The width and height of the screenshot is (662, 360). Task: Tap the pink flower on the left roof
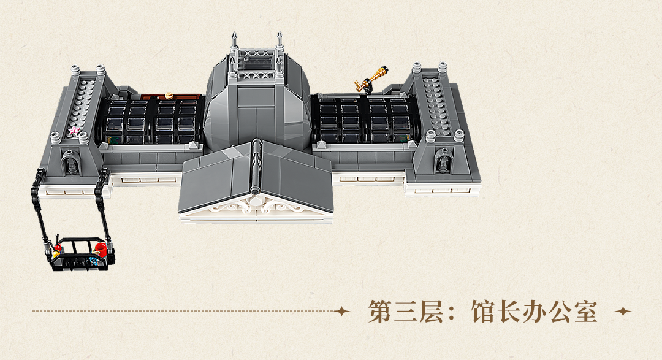pyautogui.click(x=75, y=130)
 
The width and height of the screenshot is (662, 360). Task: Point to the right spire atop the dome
pyautogui.click(x=280, y=42)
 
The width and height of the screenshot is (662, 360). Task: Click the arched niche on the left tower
pyautogui.click(x=69, y=163)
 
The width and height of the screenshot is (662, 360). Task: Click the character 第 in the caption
pyautogui.click(x=381, y=312)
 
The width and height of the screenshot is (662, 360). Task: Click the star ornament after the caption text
pyautogui.click(x=623, y=312)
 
